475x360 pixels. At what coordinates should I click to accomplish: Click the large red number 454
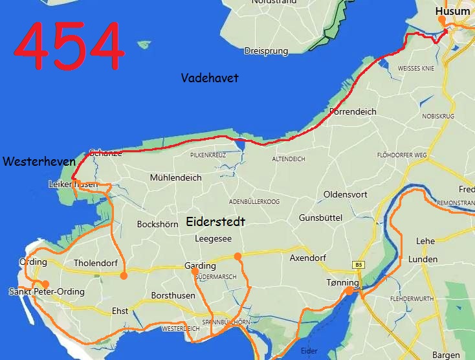[69, 46]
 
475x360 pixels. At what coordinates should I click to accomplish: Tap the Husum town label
[452, 11]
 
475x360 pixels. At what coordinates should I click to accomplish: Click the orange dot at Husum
[442, 20]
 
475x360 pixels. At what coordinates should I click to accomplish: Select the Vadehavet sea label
[210, 78]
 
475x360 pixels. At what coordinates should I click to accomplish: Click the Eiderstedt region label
[215, 221]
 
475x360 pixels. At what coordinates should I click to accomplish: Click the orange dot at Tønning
[349, 291]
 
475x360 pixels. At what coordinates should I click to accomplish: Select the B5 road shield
[359, 265]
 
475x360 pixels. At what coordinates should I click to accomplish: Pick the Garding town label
[200, 266]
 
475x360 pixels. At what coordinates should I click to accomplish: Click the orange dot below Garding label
[195, 272]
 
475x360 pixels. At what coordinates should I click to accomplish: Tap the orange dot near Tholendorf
[124, 275]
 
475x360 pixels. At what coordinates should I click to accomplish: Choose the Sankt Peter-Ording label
[47, 292]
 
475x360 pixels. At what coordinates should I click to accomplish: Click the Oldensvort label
[346, 194]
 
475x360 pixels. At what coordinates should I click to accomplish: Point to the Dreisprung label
[265, 51]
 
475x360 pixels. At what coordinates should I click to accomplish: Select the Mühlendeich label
[175, 177]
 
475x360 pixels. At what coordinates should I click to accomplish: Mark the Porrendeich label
[353, 111]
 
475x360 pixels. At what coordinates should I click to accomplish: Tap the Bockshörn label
[157, 225]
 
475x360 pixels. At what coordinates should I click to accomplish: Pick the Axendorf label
[308, 257]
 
